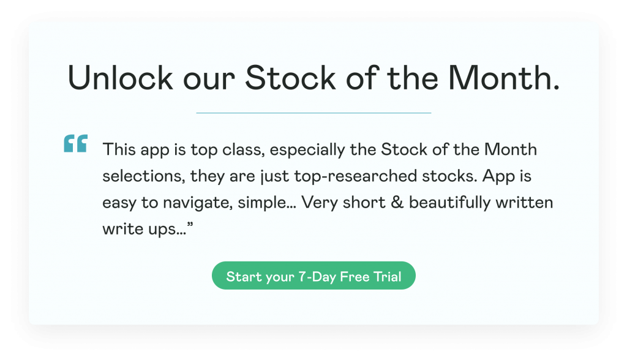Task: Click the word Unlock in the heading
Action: coord(121,78)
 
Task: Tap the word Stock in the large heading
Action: coord(290,78)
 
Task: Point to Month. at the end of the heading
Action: coord(504,78)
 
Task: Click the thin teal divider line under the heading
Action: coord(313,113)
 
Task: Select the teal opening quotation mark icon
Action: coord(75,143)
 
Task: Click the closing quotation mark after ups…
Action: coord(190,225)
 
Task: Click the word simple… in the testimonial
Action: coord(267,203)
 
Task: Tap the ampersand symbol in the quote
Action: coord(397,203)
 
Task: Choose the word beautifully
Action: coord(449,203)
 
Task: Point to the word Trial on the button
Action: coord(387,276)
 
